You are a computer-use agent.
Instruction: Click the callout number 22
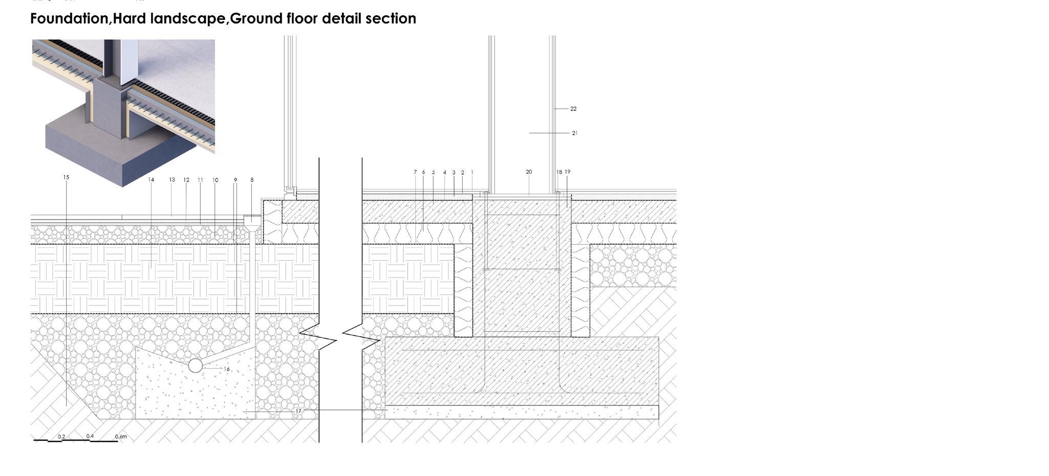(573, 109)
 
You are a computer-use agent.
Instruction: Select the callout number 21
(574, 133)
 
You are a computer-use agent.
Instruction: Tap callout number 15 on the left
(66, 177)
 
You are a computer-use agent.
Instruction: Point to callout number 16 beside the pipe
(226, 369)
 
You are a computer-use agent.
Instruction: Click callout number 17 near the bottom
(298, 411)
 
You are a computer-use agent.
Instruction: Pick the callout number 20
(529, 172)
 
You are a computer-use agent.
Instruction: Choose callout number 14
(151, 180)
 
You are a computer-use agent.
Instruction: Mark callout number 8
(252, 180)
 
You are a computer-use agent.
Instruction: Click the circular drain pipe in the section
(195, 365)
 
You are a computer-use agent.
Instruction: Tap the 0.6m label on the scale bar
(121, 437)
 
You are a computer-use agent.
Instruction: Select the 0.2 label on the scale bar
(61, 437)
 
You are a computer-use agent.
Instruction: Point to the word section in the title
(393, 19)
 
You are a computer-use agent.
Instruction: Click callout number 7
(415, 172)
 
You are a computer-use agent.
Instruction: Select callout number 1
(472, 172)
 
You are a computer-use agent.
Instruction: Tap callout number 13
(172, 180)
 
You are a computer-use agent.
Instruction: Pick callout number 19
(567, 172)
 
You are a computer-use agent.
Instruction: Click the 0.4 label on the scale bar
(90, 436)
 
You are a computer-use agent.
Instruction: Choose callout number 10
(216, 180)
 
